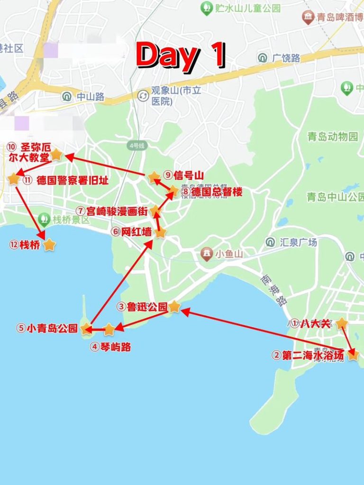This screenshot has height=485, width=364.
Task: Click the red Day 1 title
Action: point(181,55)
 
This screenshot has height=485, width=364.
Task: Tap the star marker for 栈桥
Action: point(49,245)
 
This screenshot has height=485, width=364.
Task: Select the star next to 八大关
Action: point(341,324)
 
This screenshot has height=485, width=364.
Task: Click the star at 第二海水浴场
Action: point(353,355)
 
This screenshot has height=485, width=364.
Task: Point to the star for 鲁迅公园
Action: point(174,306)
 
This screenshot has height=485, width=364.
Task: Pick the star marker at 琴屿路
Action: point(109,329)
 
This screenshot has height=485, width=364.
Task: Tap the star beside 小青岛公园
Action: point(86,328)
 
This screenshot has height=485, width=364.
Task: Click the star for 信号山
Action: point(154,178)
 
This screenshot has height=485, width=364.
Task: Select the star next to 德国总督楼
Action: point(173,191)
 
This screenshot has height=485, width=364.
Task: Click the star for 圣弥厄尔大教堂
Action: point(56,154)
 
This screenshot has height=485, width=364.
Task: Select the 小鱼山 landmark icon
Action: point(207,254)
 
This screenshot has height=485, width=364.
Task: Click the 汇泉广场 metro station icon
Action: point(270,242)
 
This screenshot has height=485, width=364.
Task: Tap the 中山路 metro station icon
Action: point(67,97)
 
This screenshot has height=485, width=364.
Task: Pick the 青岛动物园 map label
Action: point(332,137)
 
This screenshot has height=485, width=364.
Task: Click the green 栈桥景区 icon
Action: point(45,219)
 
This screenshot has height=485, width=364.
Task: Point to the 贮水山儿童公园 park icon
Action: point(206,8)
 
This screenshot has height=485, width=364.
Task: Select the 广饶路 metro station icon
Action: point(263,58)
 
